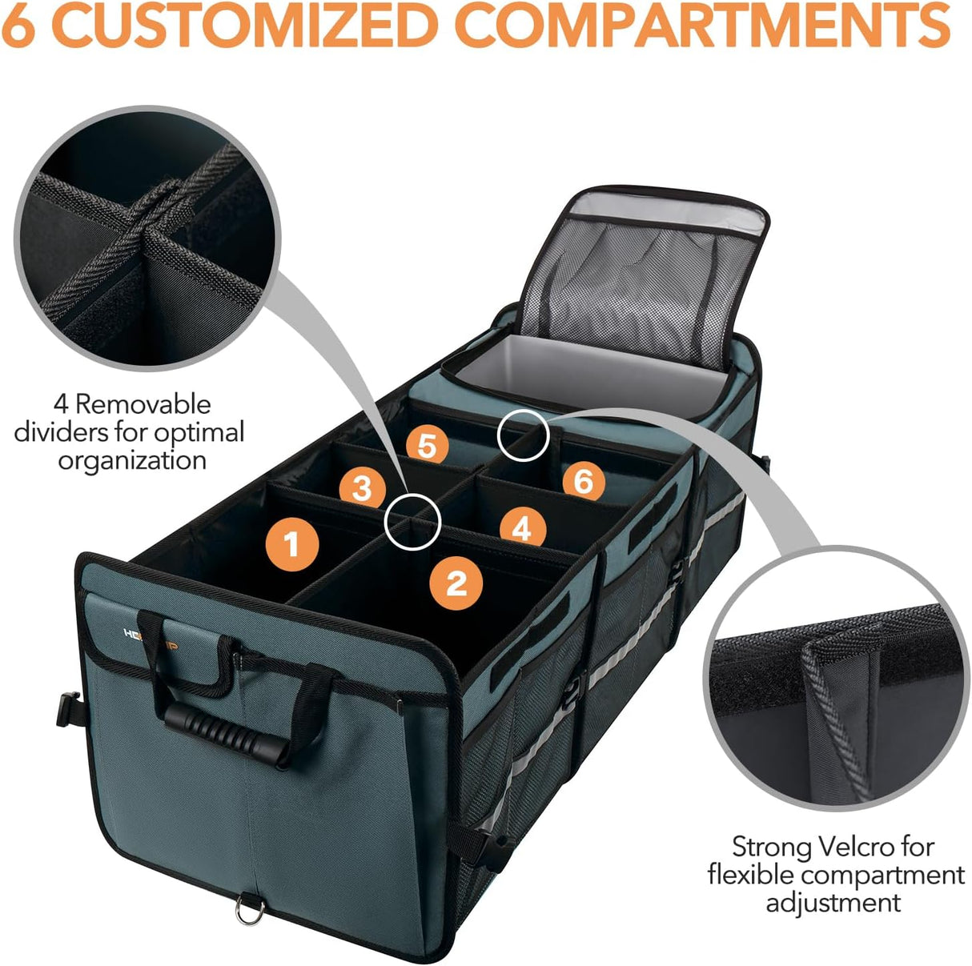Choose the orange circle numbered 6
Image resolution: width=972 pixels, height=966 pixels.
click(x=583, y=482)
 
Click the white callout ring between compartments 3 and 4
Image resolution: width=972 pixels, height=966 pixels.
click(x=412, y=521)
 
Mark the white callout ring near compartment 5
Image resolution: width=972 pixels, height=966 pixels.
click(x=523, y=435)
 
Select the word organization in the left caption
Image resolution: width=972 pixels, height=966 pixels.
click(x=132, y=460)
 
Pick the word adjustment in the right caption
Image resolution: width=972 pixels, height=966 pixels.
click(x=833, y=903)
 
